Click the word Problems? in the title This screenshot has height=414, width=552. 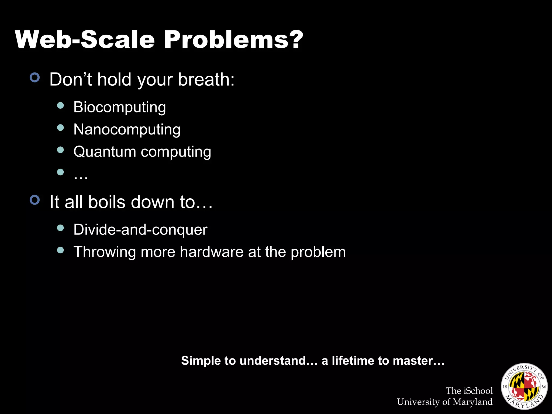[233, 40]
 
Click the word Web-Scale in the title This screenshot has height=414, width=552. [85, 40]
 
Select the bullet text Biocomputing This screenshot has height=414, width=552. [120, 107]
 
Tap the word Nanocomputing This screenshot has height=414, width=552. [127, 130]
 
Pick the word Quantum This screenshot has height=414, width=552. [105, 152]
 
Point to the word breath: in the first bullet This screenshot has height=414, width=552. [206, 80]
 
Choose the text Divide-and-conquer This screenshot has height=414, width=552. [140, 230]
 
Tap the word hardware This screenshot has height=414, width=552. [212, 252]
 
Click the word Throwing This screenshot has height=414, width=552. [105, 252]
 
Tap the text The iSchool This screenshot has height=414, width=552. [469, 391]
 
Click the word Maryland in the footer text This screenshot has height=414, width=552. [472, 402]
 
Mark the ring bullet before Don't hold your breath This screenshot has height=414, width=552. [35, 78]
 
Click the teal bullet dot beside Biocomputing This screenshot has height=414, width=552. [61, 105]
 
